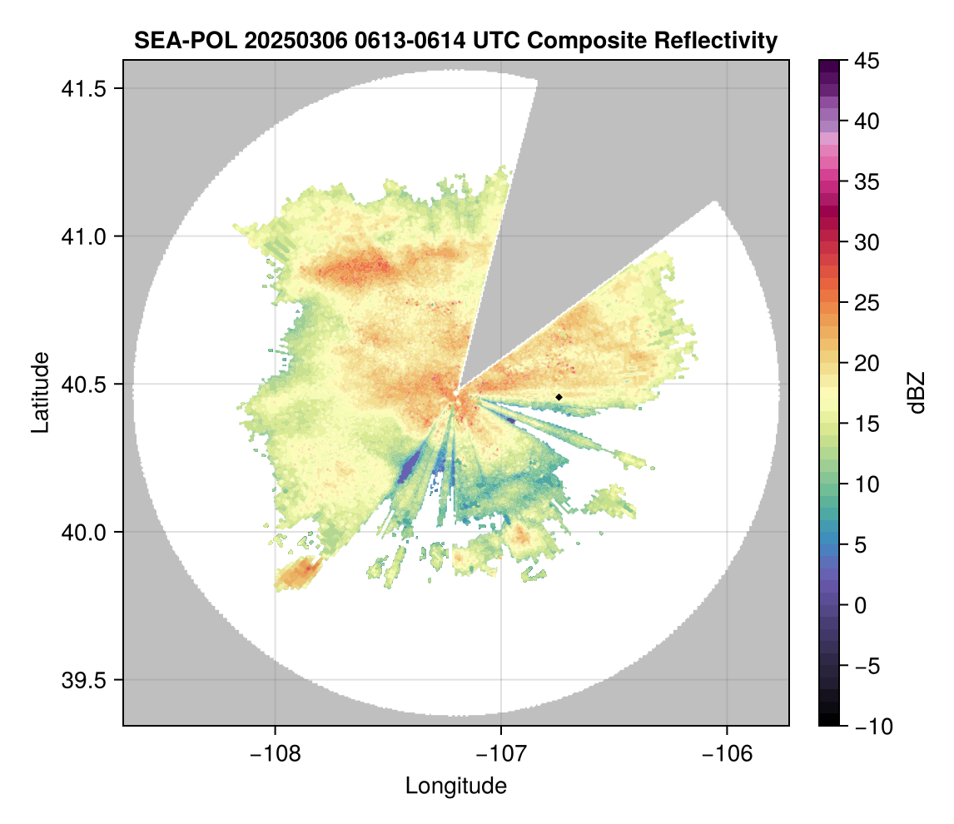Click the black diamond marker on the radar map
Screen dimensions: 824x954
[559, 397]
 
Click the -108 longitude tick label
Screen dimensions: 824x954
[275, 753]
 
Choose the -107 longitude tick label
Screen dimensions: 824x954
[501, 753]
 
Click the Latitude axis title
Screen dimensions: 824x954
[40, 392]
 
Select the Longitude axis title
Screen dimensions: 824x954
[455, 786]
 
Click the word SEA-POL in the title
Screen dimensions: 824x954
[182, 40]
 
